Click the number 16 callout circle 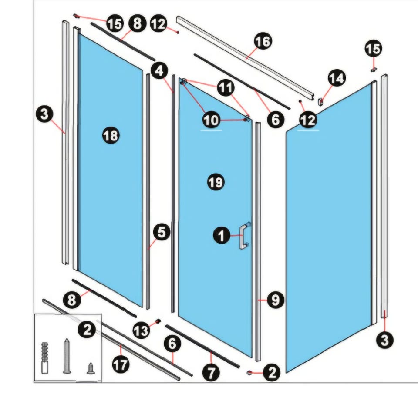tap(263, 41)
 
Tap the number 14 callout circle tap(337, 78)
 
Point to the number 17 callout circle tap(121, 364)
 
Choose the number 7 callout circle tap(211, 372)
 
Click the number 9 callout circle tap(275, 300)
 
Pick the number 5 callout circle tap(162, 232)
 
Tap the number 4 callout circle tap(159, 71)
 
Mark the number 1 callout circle tap(222, 236)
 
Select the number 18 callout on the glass tap(111, 136)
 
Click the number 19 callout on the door tap(216, 182)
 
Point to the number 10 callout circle tap(211, 120)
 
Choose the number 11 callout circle tap(226, 87)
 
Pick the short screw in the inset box tap(91, 368)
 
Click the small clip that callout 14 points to tap(320, 101)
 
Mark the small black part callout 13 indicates tap(158, 321)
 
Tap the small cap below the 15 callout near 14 tap(374, 70)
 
